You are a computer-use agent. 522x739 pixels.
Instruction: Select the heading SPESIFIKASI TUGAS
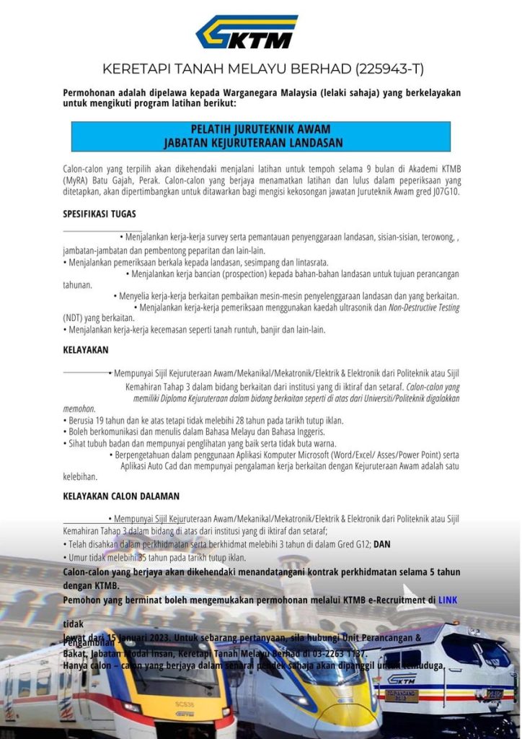(x=99, y=214)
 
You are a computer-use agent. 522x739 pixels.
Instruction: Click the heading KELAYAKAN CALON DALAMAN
(x=121, y=496)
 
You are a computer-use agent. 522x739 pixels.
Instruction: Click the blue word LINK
(x=448, y=600)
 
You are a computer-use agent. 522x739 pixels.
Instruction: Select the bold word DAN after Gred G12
(x=382, y=544)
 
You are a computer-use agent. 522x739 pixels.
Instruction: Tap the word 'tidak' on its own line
(x=74, y=624)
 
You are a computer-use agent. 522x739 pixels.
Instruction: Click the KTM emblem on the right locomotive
(x=402, y=679)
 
